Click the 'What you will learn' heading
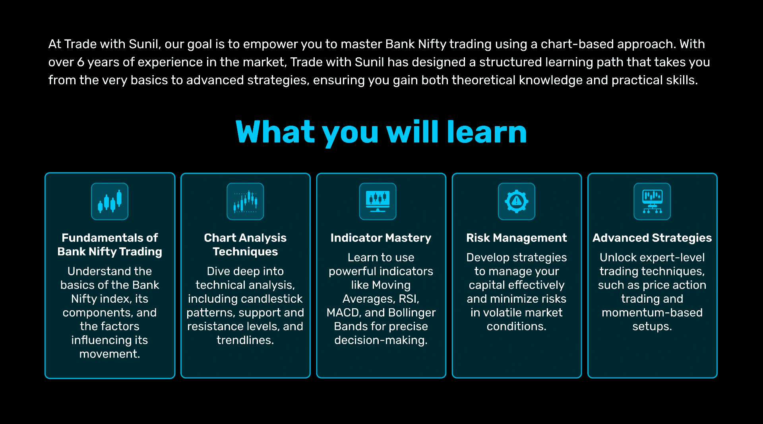(381, 132)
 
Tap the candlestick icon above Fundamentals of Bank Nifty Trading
(110, 201)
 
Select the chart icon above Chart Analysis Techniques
(245, 201)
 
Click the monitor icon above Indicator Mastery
(378, 201)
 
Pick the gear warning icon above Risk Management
(516, 201)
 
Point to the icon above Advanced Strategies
(652, 201)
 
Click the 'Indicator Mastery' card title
(381, 238)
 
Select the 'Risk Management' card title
(516, 238)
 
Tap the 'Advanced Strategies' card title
(652, 238)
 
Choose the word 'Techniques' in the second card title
(245, 252)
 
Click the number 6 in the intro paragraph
(81, 62)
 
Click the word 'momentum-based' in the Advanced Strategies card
(652, 313)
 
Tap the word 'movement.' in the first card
(110, 354)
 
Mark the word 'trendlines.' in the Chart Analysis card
(245, 340)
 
